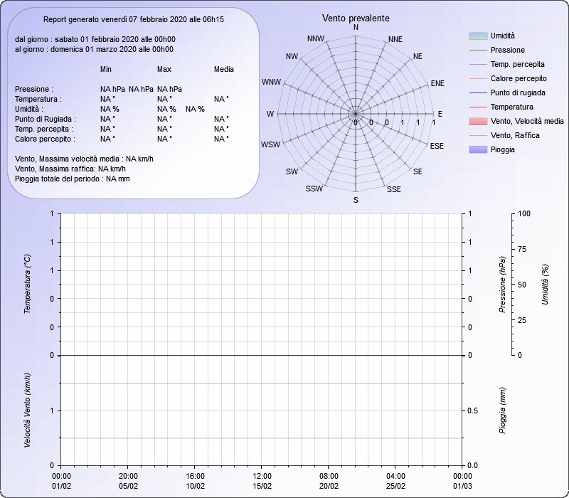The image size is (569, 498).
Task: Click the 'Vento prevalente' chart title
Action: click(356, 18)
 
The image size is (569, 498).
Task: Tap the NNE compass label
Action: click(395, 39)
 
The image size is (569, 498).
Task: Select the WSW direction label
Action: click(271, 144)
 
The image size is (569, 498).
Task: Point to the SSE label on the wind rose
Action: click(394, 189)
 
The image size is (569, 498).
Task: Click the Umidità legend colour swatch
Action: click(478, 36)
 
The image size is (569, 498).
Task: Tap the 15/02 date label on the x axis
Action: click(262, 486)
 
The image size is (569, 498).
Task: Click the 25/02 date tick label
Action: click(395, 486)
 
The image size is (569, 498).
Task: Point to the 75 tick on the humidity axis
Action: click(522, 249)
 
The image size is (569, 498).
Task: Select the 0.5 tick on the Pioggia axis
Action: click(472, 410)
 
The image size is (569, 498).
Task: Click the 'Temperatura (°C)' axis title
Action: click(28, 284)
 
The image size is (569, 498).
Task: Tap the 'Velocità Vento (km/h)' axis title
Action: click(28, 410)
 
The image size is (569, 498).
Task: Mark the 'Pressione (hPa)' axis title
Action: click(502, 285)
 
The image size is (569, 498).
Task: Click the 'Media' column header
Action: click(224, 69)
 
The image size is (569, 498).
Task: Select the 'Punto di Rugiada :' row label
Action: click(46, 119)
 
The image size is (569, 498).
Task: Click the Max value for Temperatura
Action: click(164, 99)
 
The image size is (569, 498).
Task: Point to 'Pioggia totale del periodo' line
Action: click(73, 179)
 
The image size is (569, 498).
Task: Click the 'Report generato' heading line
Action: click(134, 20)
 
